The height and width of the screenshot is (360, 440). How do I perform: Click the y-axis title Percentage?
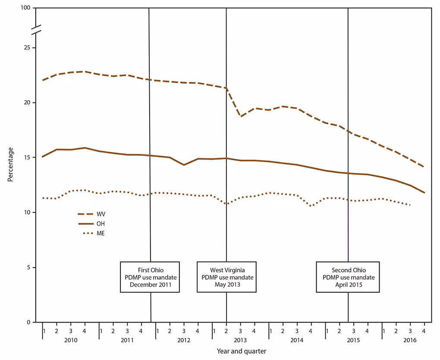pyautogui.click(x=10, y=164)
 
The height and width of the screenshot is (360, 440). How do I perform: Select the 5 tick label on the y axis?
pyautogui.click(x=28, y=267)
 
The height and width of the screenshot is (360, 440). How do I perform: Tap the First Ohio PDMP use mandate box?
pyautogui.click(x=150, y=277)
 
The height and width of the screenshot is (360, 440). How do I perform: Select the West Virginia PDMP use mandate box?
pyautogui.click(x=227, y=277)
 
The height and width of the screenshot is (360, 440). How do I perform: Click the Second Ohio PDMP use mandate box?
pyautogui.click(x=348, y=277)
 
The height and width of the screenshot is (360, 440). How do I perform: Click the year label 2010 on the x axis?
pyautogui.click(x=70, y=340)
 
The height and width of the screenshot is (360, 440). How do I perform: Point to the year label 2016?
pyautogui.click(x=410, y=340)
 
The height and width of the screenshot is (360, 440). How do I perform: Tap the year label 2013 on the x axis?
pyautogui.click(x=240, y=340)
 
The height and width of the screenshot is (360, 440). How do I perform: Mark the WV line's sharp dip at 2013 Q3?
pyautogui.click(x=241, y=116)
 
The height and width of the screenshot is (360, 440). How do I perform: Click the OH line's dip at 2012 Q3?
pyautogui.click(x=184, y=165)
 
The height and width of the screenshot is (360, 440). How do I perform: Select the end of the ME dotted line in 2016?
pyautogui.click(x=410, y=205)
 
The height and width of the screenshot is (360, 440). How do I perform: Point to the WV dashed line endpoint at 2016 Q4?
pyautogui.click(x=424, y=167)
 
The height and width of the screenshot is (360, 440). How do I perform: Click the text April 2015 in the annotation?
pyautogui.click(x=348, y=284)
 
